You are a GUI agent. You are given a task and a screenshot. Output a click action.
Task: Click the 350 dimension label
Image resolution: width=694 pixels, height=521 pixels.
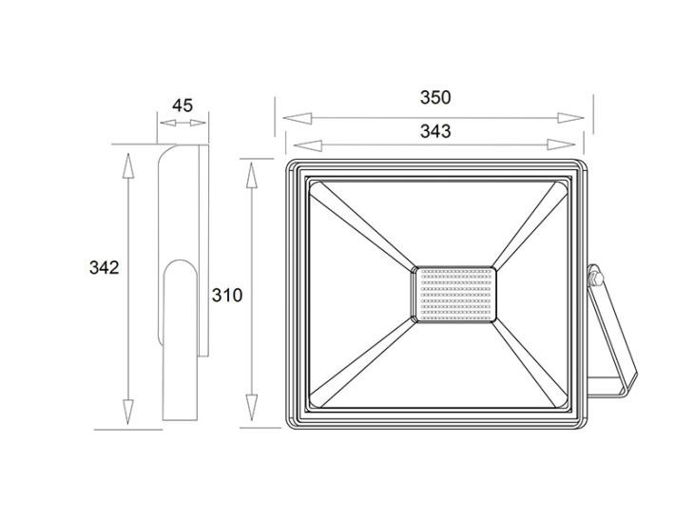click(x=435, y=97)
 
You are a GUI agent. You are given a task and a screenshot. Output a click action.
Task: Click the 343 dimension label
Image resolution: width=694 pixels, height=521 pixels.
click(x=435, y=131)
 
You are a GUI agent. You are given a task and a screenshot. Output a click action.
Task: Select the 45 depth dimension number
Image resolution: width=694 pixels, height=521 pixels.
click(x=183, y=106)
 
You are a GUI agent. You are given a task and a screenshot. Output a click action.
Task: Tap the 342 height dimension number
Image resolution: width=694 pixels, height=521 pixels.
click(x=104, y=267)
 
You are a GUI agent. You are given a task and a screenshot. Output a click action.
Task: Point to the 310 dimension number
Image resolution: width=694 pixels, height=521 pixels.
click(x=227, y=295)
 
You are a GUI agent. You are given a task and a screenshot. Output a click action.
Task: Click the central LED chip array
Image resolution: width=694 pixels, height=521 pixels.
click(x=454, y=295)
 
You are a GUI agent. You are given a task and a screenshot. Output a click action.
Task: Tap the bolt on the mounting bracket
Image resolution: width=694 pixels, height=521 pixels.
click(x=596, y=279)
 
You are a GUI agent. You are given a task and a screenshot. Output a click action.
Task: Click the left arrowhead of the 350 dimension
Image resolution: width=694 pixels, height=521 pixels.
click(x=297, y=118)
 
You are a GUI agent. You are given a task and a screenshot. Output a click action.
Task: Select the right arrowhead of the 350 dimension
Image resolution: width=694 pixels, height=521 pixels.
click(x=570, y=118)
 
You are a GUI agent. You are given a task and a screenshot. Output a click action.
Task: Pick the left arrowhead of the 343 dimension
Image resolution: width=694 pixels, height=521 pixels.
click(x=308, y=145)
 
